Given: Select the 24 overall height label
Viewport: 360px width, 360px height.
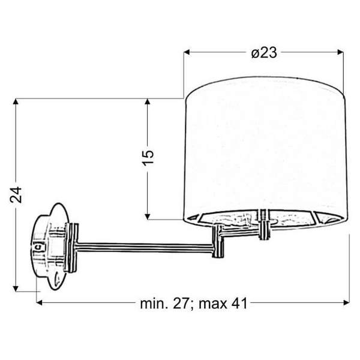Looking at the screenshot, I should tap(18, 194).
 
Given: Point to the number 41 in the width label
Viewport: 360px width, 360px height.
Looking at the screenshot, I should tap(239, 304).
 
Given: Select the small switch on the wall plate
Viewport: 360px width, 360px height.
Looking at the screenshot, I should tap(39, 246).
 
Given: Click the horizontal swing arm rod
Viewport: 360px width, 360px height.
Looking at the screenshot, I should tap(144, 245).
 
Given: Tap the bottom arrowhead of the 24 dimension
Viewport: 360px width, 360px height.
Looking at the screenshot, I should tap(18, 288).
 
